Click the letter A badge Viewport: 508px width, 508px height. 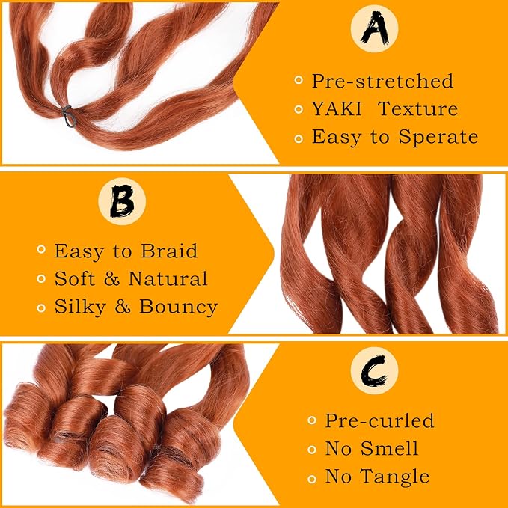tap(374, 28)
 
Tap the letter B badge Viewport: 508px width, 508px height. tap(122, 201)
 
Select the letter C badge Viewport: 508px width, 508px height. tap(374, 370)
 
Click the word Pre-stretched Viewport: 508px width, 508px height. tap(382, 81)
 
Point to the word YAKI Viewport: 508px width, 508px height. tap(337, 109)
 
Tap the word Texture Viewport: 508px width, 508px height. tap(418, 109)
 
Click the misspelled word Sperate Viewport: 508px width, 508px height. tap(438, 137)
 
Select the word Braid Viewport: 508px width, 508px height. tap(169, 251)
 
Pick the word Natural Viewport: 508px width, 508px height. tap(168, 278)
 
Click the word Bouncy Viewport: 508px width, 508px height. tap(179, 307)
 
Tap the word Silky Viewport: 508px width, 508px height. tap(80, 307)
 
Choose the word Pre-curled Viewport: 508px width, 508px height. tap(379, 420)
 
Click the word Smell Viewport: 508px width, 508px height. tap(390, 448)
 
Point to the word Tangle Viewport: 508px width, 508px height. tap(395, 477)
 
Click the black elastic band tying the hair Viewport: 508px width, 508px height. tap(69, 116)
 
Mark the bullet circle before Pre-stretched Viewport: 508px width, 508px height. tap(299, 80)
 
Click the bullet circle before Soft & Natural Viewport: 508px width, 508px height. tap(41, 278)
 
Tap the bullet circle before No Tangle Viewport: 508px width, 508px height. tap(312, 479)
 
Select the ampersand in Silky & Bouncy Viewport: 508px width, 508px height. tap(123, 307)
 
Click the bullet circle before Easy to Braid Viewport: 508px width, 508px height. tap(41, 249)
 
